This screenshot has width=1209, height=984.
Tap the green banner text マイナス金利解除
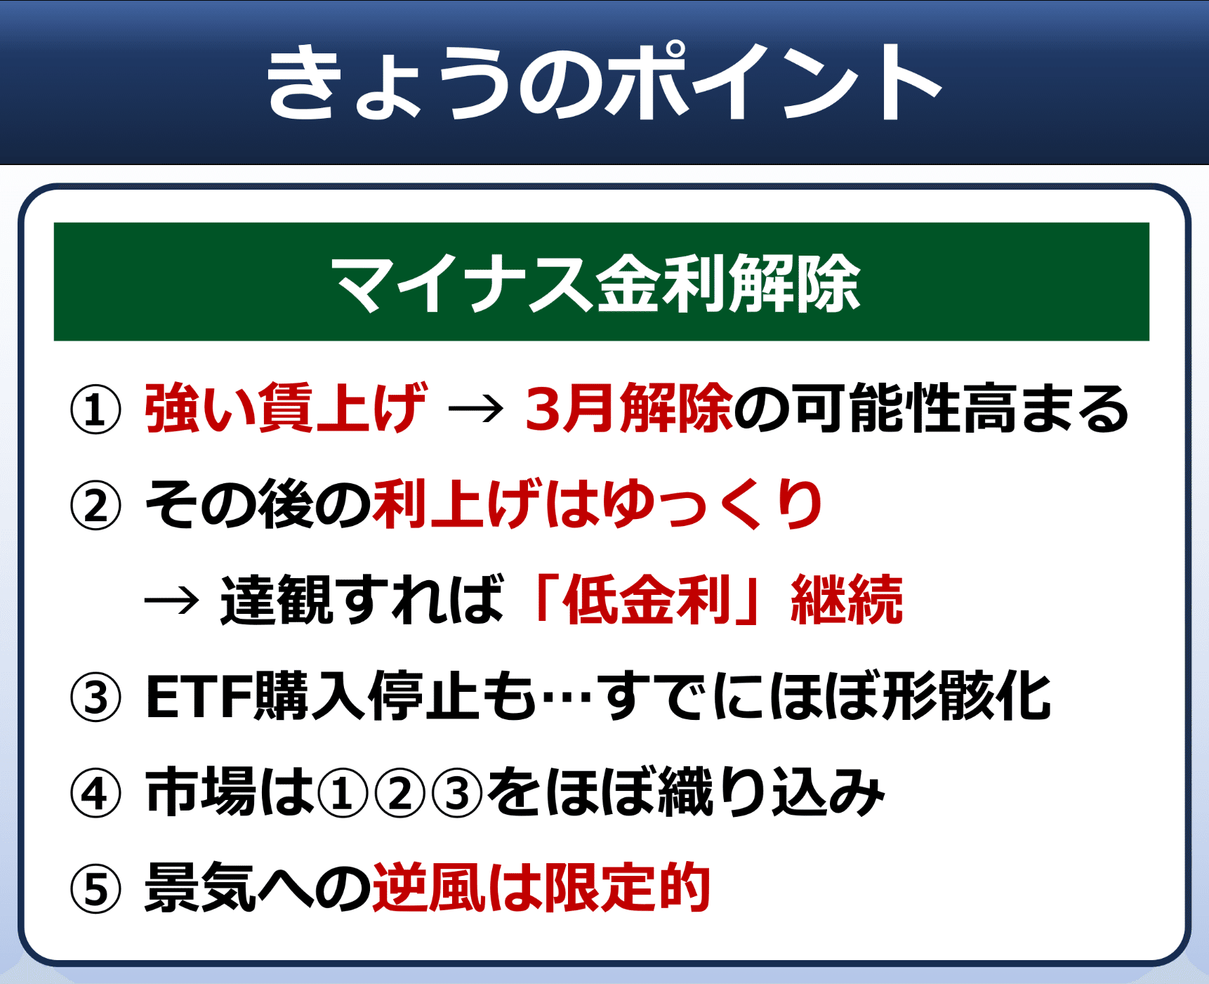pos(596,282)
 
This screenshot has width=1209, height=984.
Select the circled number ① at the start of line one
pos(95,409)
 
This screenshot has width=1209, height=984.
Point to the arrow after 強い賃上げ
pos(476,409)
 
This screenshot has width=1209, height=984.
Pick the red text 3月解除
pos(629,408)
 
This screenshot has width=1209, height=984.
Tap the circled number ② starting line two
pos(95,505)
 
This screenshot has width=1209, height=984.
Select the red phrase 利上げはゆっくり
pos(597,504)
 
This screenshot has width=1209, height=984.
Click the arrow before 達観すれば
pos(172,601)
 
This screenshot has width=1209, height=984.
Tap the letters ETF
pos(199,697)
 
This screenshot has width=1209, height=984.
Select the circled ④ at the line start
pos(95,794)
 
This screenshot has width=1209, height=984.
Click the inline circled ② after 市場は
pos(400,794)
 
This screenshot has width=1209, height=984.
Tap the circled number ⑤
pos(95,889)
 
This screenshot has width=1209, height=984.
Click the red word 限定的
pos(627,887)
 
